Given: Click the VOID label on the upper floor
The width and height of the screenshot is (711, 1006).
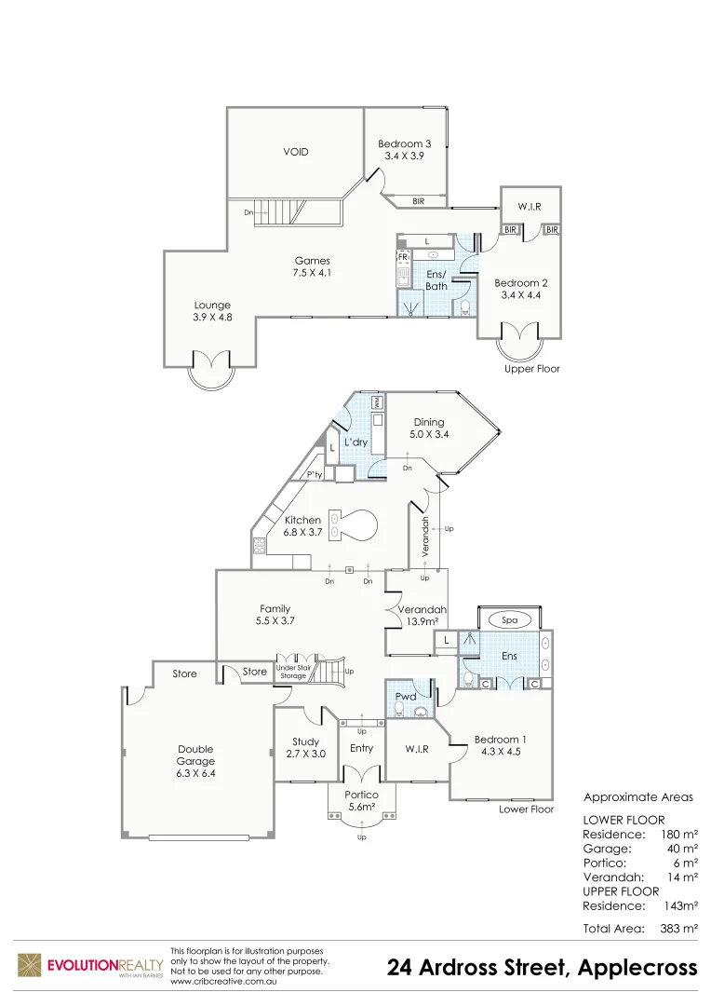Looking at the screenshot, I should tap(296, 152).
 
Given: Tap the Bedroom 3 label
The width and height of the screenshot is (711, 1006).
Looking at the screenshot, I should tap(404, 143).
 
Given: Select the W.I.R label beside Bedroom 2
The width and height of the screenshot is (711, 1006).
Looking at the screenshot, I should tap(530, 205).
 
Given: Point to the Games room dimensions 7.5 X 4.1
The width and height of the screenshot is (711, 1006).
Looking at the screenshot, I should tap(313, 273).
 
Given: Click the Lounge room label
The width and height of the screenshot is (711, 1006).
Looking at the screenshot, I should tap(212, 305).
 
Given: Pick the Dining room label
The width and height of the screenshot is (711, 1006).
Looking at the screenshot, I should tap(429, 422).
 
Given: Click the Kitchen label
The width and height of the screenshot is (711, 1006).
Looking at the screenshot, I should tap(302, 520).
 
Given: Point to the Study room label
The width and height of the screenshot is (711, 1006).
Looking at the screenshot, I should tap(305, 742).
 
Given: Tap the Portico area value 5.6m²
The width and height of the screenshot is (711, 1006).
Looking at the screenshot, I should tap(361, 807).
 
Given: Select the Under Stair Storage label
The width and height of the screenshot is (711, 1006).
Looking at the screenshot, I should tap(292, 673).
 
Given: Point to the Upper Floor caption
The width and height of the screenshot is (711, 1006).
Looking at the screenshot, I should tap(532, 369).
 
